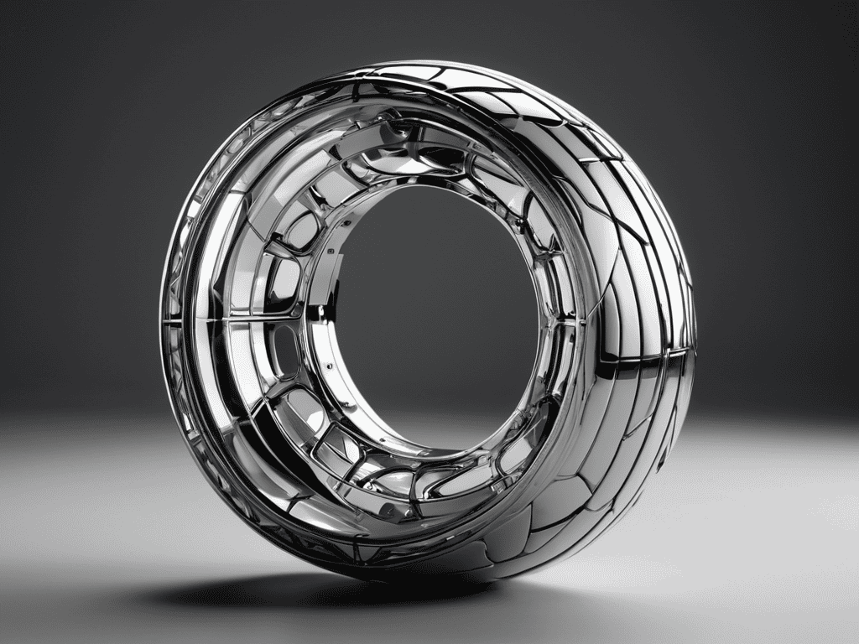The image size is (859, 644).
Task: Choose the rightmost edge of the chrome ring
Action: (x=695, y=335)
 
